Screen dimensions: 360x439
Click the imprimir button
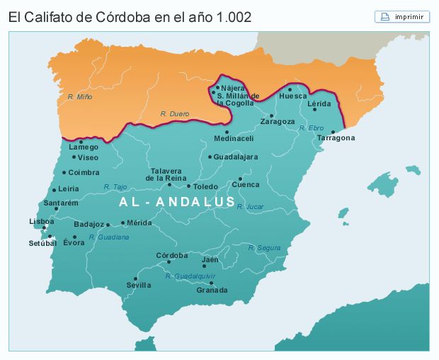click(402, 16)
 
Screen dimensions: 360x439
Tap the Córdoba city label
click(172, 255)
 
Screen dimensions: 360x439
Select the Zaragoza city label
click(278, 121)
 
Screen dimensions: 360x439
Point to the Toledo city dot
click(189, 186)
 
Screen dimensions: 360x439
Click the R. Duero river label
click(175, 113)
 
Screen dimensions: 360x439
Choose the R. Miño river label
click(80, 96)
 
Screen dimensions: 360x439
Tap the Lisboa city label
click(42, 221)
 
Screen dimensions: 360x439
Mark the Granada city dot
click(211, 283)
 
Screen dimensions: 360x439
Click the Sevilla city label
click(139, 285)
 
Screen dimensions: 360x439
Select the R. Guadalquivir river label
click(190, 276)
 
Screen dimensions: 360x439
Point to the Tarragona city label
click(336, 138)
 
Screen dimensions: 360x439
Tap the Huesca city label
click(293, 96)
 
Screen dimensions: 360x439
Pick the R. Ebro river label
click(311, 128)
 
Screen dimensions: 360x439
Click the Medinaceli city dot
click(227, 132)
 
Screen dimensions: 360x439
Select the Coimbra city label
click(84, 172)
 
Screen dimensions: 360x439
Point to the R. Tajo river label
click(115, 187)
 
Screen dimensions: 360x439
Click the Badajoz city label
click(89, 224)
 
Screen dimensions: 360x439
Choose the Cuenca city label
click(246, 185)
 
